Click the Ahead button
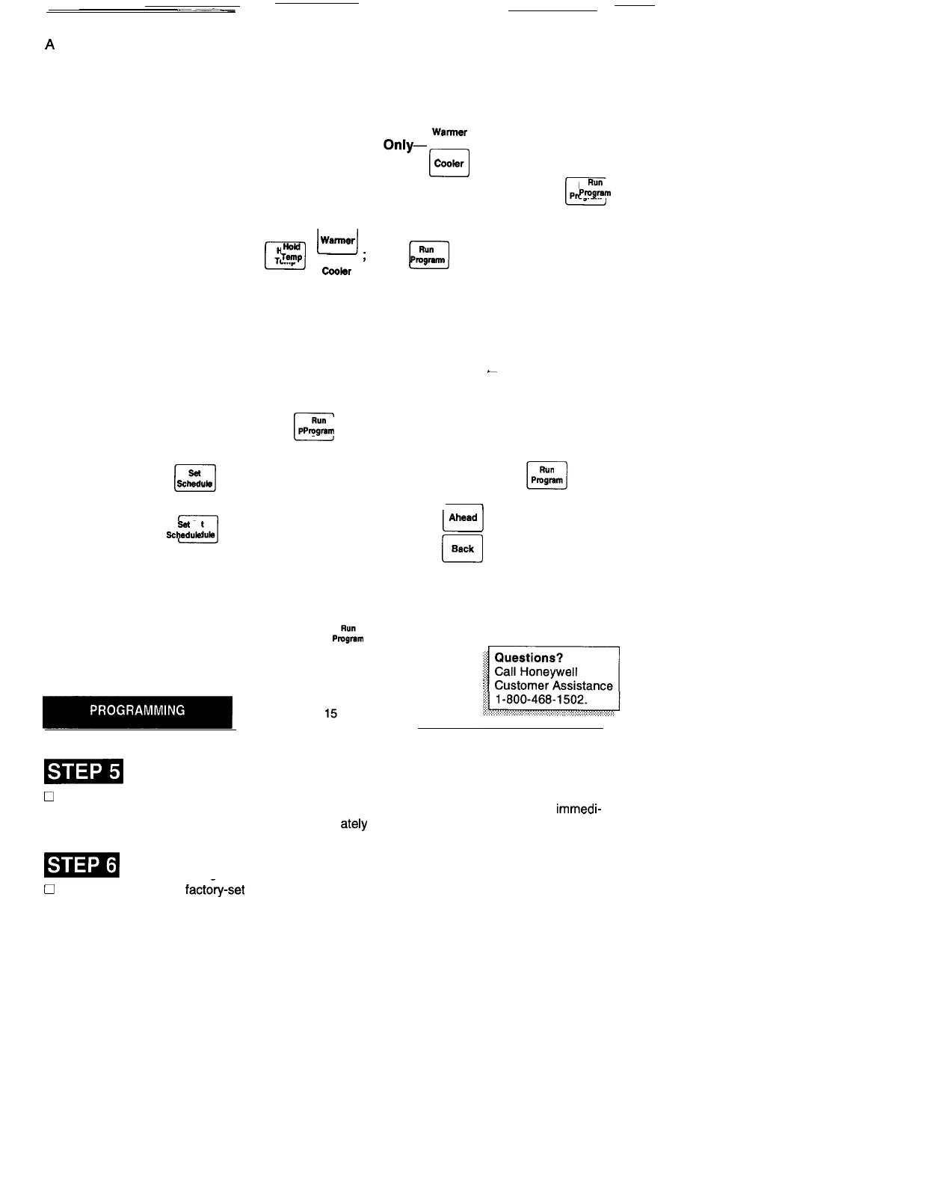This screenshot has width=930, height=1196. tap(463, 517)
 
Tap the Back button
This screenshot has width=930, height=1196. tap(462, 549)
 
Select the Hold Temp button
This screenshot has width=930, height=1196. tap(285, 256)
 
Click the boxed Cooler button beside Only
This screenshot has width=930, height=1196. tap(449, 163)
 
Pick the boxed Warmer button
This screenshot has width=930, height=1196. tap(337, 241)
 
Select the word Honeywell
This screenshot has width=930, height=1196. tap(549, 672)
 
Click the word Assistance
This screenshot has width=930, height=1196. tap(579, 685)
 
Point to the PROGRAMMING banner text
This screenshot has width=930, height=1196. tap(138, 711)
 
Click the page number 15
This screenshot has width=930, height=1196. tap(330, 714)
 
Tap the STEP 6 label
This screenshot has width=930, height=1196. tap(82, 865)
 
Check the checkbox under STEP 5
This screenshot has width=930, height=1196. tap(49, 797)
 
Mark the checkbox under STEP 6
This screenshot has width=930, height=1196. tap(49, 890)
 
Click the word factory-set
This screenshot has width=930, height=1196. tap(215, 890)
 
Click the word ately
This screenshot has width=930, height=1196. tap(354, 824)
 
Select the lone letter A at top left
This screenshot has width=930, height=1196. tap(50, 45)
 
